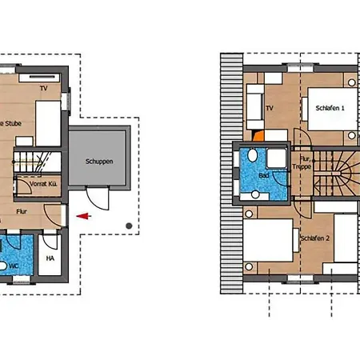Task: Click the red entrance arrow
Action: click(82, 215)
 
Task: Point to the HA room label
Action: click(50, 258)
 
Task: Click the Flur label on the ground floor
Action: click(22, 212)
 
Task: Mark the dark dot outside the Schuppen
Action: click(129, 226)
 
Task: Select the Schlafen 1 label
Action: click(329, 108)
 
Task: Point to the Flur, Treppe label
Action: click(301, 162)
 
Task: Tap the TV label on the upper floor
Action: click(270, 106)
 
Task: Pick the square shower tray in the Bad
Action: click(277, 157)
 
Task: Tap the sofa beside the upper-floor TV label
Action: click(254, 108)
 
